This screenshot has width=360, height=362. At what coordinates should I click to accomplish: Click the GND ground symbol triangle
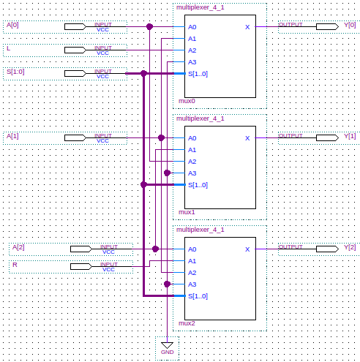coord(167,345)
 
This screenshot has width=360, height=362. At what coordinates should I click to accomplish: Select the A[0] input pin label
coord(12,25)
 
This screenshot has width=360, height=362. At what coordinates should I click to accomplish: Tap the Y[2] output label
coord(350,247)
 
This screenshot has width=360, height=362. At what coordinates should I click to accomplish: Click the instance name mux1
coord(187,212)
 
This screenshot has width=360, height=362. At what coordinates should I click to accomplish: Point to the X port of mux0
coord(247,27)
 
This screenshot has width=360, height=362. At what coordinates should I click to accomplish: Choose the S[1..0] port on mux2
coord(198,296)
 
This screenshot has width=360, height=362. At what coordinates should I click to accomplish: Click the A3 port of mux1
coord(192,173)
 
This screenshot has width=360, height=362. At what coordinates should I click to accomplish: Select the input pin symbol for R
coord(81,266)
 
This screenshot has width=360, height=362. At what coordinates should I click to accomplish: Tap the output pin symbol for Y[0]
coord(327,27)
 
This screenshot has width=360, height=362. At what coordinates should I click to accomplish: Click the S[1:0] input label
coord(15,72)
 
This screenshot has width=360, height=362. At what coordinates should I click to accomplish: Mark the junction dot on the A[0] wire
coord(149,27)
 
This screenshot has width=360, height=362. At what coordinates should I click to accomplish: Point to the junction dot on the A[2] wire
coord(155,249)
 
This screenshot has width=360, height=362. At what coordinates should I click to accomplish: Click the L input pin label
coord(9,48)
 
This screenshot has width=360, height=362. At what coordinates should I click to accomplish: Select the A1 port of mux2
coord(192,261)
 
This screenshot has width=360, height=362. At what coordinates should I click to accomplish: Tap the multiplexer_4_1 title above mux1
coord(200,118)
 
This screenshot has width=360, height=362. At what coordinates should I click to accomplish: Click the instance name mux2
coord(187,323)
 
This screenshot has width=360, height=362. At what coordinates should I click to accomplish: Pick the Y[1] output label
coord(350,136)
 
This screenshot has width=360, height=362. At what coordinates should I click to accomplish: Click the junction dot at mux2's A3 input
coord(167,284)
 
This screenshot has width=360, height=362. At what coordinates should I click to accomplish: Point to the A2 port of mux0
coord(192,50)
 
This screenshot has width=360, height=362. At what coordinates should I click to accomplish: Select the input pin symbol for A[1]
coord(75,137)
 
